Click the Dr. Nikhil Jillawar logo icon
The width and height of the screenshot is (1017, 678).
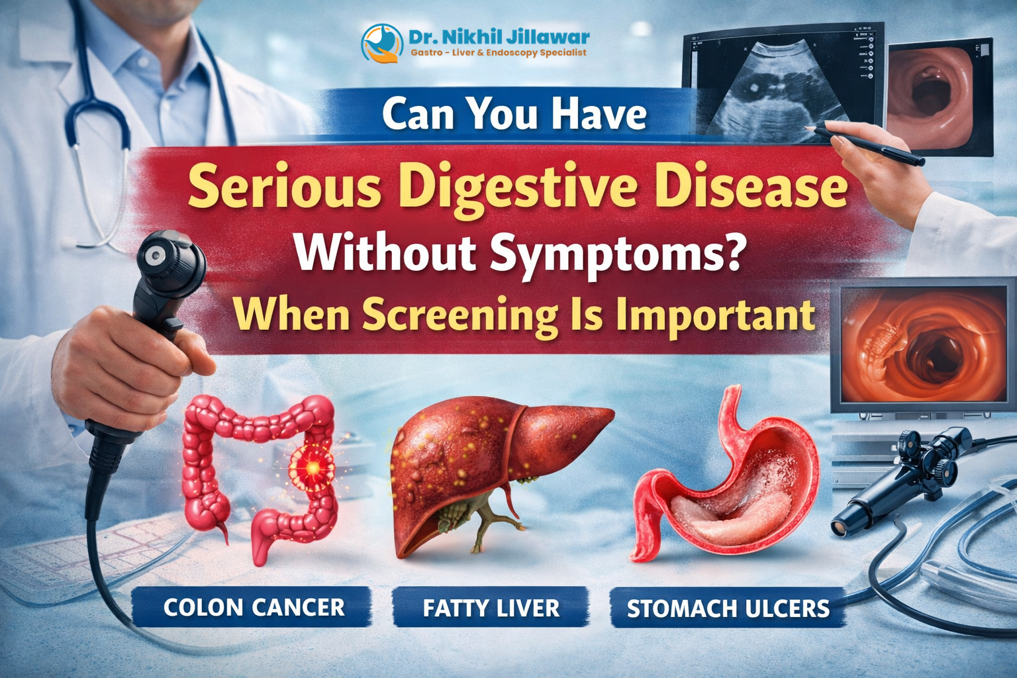[382, 43]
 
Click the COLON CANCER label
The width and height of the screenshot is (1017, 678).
[254, 607]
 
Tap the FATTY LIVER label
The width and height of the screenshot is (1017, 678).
[491, 608]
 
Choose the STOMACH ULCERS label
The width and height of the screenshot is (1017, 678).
[728, 608]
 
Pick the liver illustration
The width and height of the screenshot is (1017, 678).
[490, 463]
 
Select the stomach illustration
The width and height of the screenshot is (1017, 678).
[728, 483]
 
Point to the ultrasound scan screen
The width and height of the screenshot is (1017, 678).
[781, 83]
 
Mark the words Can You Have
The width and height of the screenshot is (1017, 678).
[514, 114]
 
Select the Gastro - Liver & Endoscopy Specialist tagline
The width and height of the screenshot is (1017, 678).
[498, 53]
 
